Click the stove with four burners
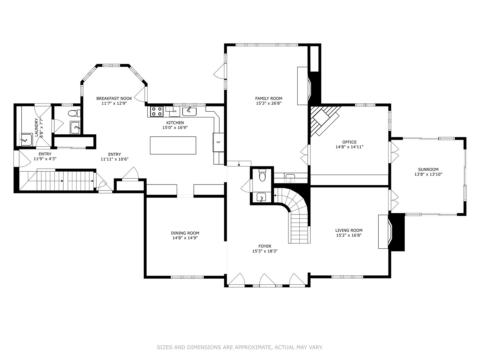(x=157, y=111)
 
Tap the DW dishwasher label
(x=175, y=111)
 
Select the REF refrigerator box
(x=218, y=142)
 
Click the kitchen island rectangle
(x=173, y=145)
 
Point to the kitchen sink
(x=189, y=111)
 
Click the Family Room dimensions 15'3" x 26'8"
(x=269, y=103)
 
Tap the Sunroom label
(x=425, y=169)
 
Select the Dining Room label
(x=185, y=233)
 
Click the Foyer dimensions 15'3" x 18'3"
(x=265, y=251)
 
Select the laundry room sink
(x=26, y=139)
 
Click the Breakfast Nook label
(x=114, y=98)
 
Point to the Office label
(x=349, y=142)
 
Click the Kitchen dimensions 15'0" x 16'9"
(x=175, y=128)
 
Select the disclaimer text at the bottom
(x=240, y=347)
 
